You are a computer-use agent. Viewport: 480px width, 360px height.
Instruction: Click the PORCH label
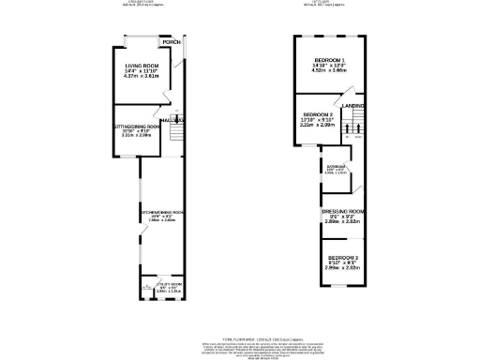pos(170,43)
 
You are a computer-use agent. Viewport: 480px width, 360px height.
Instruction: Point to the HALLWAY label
pos(171,121)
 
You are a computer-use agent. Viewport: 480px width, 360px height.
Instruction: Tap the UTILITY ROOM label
pos(166,285)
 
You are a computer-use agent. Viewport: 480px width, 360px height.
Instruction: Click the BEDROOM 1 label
pos(329,61)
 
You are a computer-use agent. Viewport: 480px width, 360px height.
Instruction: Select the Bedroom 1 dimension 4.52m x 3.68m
pos(329,72)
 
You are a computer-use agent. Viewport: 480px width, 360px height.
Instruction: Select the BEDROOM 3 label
pos(341,257)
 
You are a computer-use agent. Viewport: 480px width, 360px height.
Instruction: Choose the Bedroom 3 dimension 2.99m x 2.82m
pos(341,268)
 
